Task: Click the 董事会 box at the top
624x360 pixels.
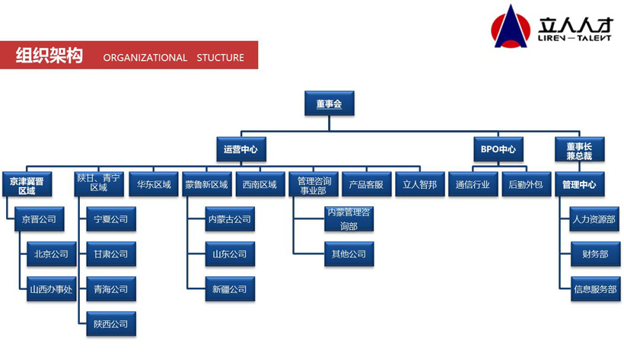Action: pyautogui.click(x=329, y=103)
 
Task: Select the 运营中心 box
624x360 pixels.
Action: pyautogui.click(x=240, y=149)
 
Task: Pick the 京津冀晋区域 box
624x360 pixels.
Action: pyautogui.click(x=27, y=185)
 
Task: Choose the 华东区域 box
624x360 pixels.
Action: pyautogui.click(x=154, y=185)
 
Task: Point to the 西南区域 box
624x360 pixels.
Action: pyautogui.click(x=259, y=185)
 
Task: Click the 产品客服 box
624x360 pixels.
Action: pyautogui.click(x=366, y=185)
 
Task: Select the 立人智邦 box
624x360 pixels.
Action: pyautogui.click(x=419, y=185)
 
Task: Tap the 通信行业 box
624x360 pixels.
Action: pyautogui.click(x=473, y=185)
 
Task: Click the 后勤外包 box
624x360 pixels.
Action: pyautogui.click(x=526, y=185)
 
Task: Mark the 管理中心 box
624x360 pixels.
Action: pyautogui.click(x=579, y=185)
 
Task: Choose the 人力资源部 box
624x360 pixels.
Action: pyautogui.click(x=594, y=219)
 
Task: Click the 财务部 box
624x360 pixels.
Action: pyautogui.click(x=594, y=254)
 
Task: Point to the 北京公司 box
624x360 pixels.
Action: pyautogui.click(x=51, y=254)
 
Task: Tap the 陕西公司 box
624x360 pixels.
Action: pyautogui.click(x=111, y=324)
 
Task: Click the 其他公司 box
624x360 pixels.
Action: pyautogui.click(x=349, y=254)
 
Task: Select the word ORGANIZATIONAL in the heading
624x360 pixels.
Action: pyautogui.click(x=145, y=57)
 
